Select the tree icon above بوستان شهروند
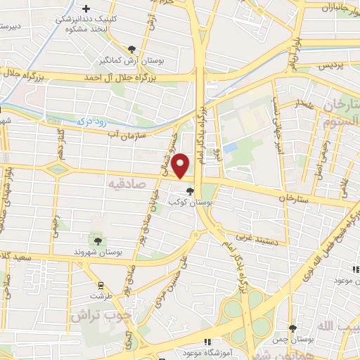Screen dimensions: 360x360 (x=98, y=241)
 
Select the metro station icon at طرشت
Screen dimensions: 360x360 (x=101, y=285)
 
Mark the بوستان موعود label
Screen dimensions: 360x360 (x=341, y=281)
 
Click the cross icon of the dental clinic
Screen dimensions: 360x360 (x=86, y=9)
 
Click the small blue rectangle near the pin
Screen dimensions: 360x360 (x=230, y=148)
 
